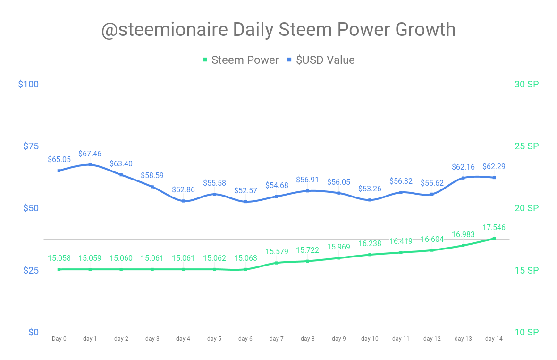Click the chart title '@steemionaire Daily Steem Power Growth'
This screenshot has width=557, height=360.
[278, 30]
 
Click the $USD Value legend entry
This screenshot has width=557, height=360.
[321, 60]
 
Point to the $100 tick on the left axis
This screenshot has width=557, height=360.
[28, 84]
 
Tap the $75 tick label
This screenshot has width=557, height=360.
[30, 146]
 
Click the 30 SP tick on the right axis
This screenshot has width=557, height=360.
[526, 84]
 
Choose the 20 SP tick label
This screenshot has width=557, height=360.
[526, 208]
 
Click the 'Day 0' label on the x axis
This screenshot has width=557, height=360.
[59, 339]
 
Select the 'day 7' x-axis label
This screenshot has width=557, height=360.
[277, 339]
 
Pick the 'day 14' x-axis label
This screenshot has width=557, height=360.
[494, 339]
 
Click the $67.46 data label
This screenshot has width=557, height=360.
[90, 154]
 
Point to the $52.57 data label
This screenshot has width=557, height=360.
[245, 191]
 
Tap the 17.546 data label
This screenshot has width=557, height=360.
[494, 228]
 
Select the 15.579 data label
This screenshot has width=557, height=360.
[277, 252]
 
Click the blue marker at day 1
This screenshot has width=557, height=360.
[90, 164]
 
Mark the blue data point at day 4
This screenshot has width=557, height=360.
[183, 201]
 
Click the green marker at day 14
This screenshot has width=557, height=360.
[494, 239]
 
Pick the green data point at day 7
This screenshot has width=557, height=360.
[277, 263]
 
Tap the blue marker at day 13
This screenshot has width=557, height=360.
[463, 178]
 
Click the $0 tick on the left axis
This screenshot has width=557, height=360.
[33, 332]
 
